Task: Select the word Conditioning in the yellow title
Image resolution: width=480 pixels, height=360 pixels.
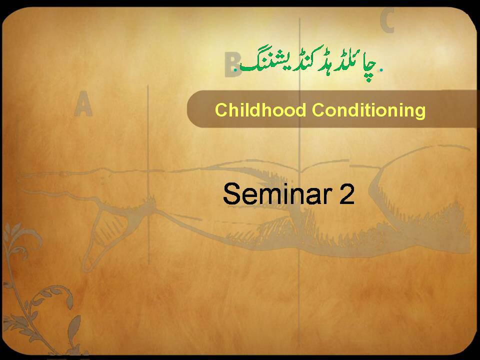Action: (369, 111)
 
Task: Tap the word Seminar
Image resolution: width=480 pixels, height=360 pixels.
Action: (277, 194)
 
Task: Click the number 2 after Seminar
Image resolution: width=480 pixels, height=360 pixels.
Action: (346, 194)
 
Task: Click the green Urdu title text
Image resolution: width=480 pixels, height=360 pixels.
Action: (308, 63)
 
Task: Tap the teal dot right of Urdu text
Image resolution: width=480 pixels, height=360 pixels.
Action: (381, 70)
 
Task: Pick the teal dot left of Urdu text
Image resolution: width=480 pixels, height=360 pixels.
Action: (235, 70)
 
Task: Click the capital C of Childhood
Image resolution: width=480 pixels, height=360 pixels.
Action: (221, 110)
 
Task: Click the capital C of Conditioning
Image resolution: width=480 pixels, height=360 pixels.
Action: (319, 110)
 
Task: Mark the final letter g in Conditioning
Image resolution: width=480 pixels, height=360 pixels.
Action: (420, 112)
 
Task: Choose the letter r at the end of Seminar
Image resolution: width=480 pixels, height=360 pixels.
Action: (328, 197)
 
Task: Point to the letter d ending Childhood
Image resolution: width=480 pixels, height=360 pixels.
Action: (301, 110)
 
